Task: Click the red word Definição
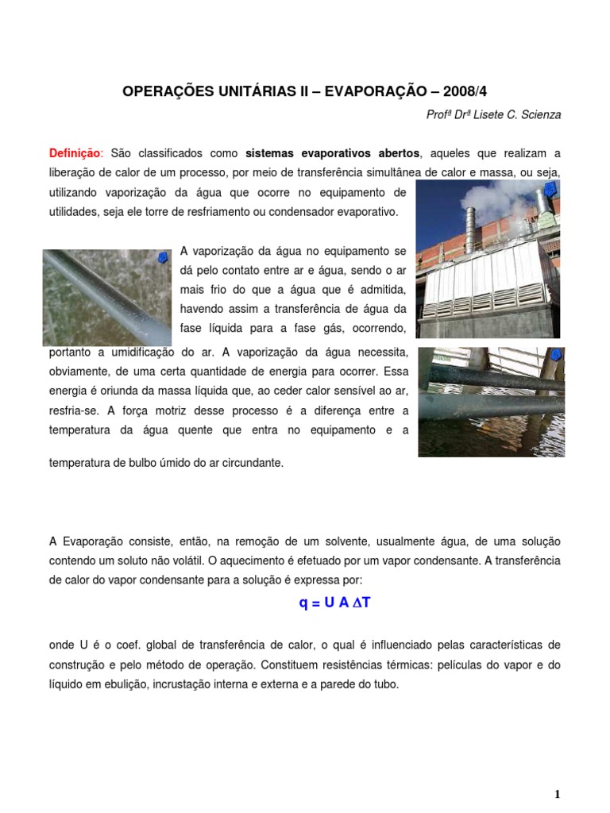click(76, 153)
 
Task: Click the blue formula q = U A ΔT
click(334, 603)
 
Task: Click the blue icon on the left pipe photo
click(162, 258)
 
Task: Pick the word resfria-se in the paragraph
click(73, 410)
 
